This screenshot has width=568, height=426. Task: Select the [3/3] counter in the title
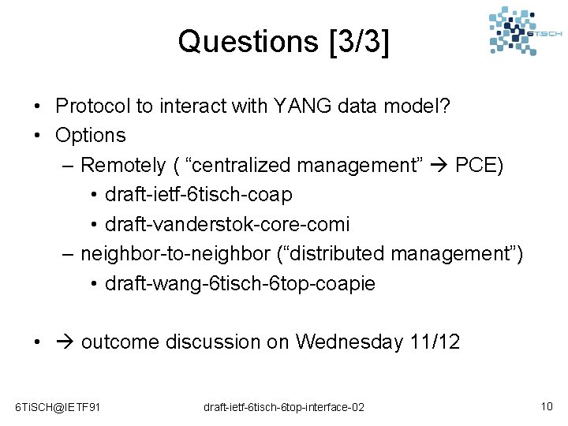pos(357,41)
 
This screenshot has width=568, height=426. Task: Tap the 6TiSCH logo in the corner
pos(525,32)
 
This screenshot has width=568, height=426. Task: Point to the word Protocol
pos(93,106)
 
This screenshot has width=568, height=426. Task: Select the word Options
pos(90,135)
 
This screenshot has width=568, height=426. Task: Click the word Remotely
pos(123,165)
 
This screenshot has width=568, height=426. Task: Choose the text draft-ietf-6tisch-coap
pos(198,194)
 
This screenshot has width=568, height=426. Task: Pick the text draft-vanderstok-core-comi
pos(226,224)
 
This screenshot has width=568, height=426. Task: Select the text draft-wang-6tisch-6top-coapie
pos(240,283)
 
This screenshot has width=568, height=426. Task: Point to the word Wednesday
pos(348,342)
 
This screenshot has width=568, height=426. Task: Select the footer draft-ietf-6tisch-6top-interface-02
pos(284,407)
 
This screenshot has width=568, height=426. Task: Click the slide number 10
pos(546,406)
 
